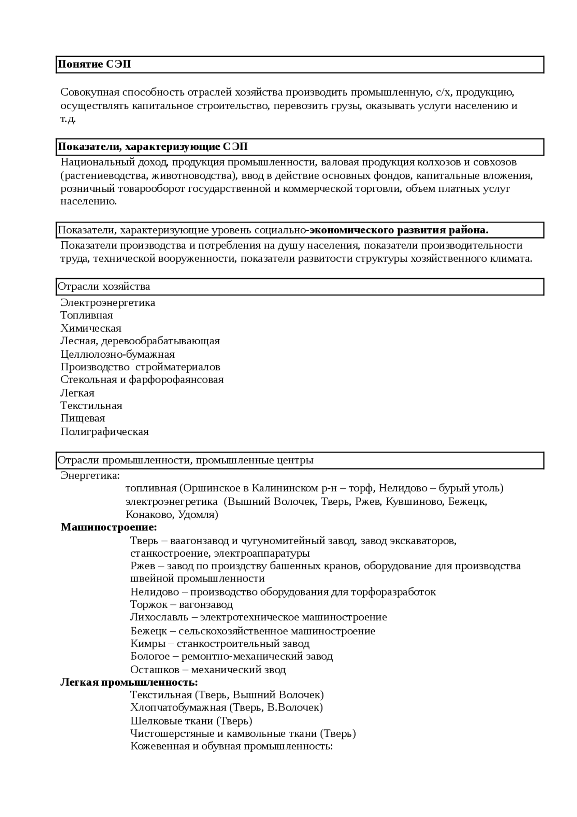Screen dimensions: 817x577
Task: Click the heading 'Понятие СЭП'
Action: tap(94, 64)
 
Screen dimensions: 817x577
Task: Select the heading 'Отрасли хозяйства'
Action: tap(104, 286)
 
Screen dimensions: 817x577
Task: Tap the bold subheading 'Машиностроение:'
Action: tap(109, 527)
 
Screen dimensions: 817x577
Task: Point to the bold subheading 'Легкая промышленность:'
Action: tap(129, 682)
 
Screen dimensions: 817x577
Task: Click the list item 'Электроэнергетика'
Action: tap(108, 302)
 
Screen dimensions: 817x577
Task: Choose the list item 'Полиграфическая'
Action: tap(105, 431)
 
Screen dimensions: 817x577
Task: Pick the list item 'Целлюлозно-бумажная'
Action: tap(118, 354)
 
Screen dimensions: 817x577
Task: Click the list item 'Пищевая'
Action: tap(83, 418)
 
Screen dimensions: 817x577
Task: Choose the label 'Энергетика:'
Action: tap(90, 475)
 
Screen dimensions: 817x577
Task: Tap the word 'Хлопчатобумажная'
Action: tap(178, 707)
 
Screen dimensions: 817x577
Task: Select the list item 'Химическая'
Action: tap(91, 328)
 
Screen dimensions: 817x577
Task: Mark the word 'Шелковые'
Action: tap(151, 720)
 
